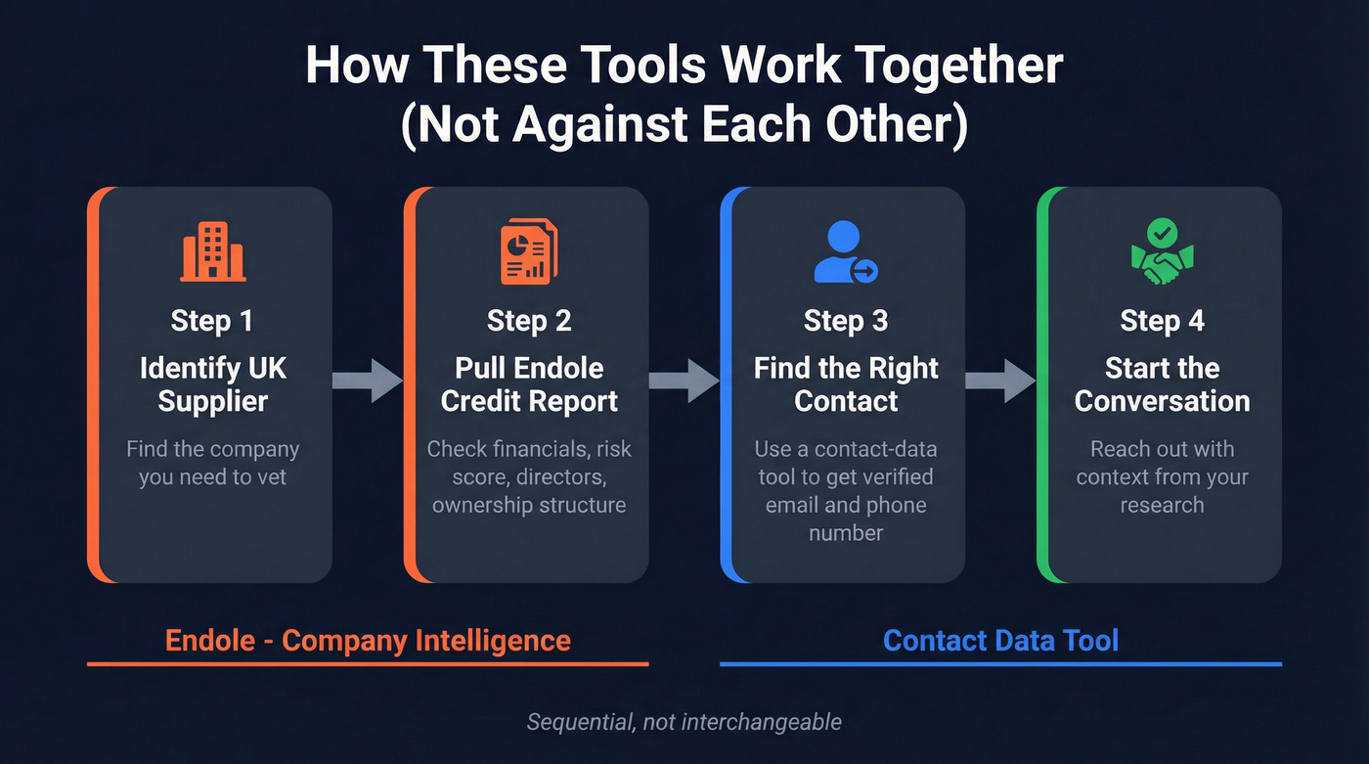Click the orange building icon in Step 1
[x=212, y=252]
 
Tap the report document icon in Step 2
[x=528, y=252]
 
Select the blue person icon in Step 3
[x=844, y=252]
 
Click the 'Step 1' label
[x=212, y=321]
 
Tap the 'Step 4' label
[x=1162, y=321]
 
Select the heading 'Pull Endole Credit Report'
[x=529, y=384]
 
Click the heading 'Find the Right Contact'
[x=846, y=384]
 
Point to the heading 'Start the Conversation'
[x=1162, y=384]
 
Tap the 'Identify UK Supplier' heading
[x=212, y=384]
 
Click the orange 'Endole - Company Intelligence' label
[x=368, y=641]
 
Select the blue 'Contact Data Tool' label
[x=1000, y=641]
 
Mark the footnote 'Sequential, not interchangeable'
[x=684, y=722]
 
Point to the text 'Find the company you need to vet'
[x=212, y=464]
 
